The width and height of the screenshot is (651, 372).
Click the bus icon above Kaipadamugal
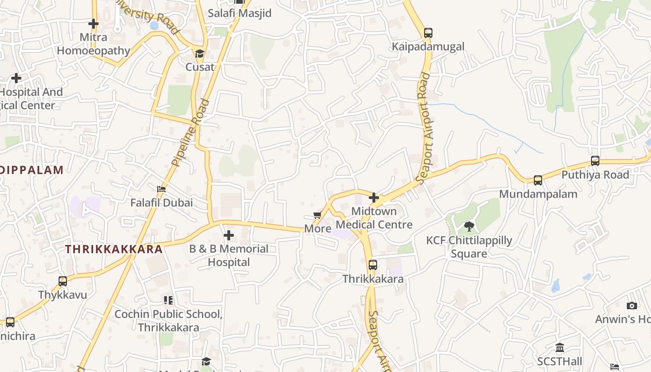click(428, 33)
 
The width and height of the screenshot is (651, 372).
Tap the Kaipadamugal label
click(428, 46)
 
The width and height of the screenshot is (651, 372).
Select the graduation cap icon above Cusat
click(199, 53)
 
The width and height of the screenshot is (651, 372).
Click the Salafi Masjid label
click(239, 13)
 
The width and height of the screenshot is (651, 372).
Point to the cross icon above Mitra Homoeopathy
click(93, 24)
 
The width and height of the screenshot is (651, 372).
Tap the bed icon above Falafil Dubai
click(161, 189)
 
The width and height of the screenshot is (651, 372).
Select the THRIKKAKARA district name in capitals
click(114, 249)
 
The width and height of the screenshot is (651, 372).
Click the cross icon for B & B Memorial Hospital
click(229, 235)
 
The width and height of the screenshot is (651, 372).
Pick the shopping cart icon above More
click(318, 215)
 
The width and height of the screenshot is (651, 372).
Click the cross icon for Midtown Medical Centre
click(374, 198)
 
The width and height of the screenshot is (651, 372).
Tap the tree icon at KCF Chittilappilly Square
click(469, 226)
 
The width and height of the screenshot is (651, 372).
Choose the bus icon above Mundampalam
click(538, 180)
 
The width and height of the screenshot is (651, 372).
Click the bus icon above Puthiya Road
click(595, 161)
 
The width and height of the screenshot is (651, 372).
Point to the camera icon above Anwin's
click(631, 306)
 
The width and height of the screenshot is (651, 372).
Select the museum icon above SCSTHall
click(560, 348)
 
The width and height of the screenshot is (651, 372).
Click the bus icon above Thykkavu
click(63, 281)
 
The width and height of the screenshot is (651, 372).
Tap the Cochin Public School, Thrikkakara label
click(168, 320)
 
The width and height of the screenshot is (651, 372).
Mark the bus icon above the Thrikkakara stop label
click(373, 265)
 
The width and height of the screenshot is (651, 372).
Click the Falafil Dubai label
click(161, 203)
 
